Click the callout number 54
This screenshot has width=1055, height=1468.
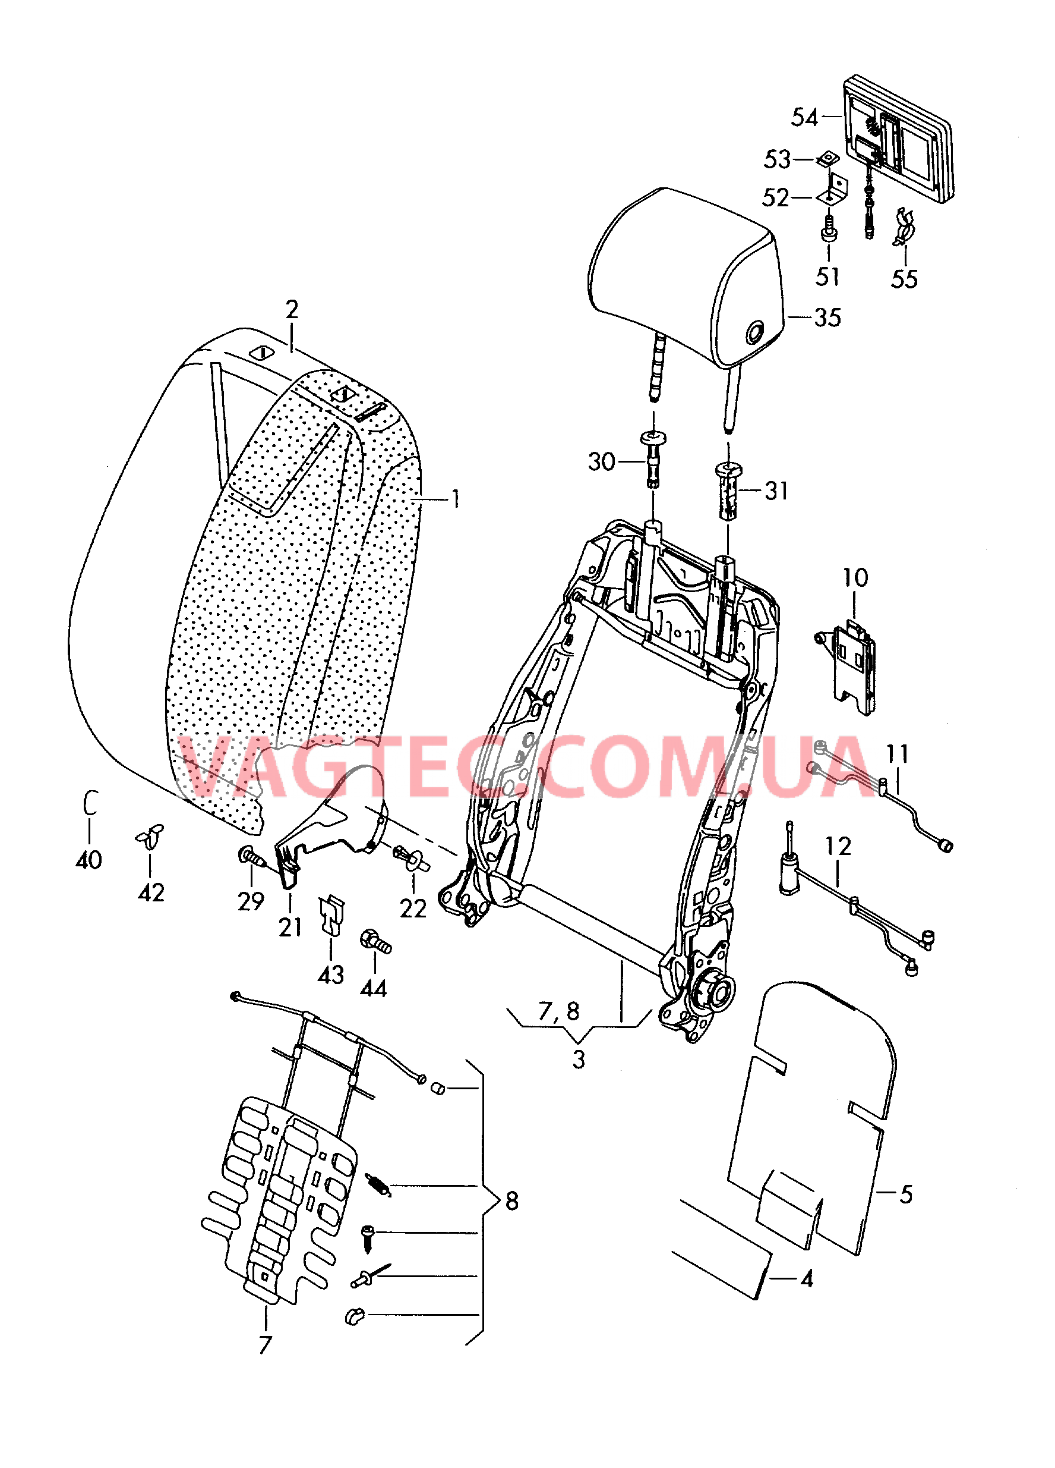click(x=804, y=117)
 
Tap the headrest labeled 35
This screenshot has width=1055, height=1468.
click(x=686, y=278)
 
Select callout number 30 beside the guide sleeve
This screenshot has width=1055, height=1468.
click(x=601, y=461)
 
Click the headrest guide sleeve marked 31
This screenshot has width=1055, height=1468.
click(x=728, y=490)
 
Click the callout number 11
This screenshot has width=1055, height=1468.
click(x=896, y=753)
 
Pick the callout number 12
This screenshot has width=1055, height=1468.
click(x=838, y=846)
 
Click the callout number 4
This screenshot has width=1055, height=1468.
click(x=807, y=1279)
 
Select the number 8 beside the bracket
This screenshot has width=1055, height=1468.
click(x=511, y=1200)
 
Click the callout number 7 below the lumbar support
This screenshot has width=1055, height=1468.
click(x=265, y=1345)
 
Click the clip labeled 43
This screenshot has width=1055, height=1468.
click(x=332, y=913)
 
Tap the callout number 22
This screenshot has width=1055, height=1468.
click(x=413, y=909)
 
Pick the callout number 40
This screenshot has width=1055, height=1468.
click(x=89, y=860)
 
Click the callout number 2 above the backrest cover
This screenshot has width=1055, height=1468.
click(x=292, y=309)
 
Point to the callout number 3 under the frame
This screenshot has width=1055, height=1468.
click(x=578, y=1060)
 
